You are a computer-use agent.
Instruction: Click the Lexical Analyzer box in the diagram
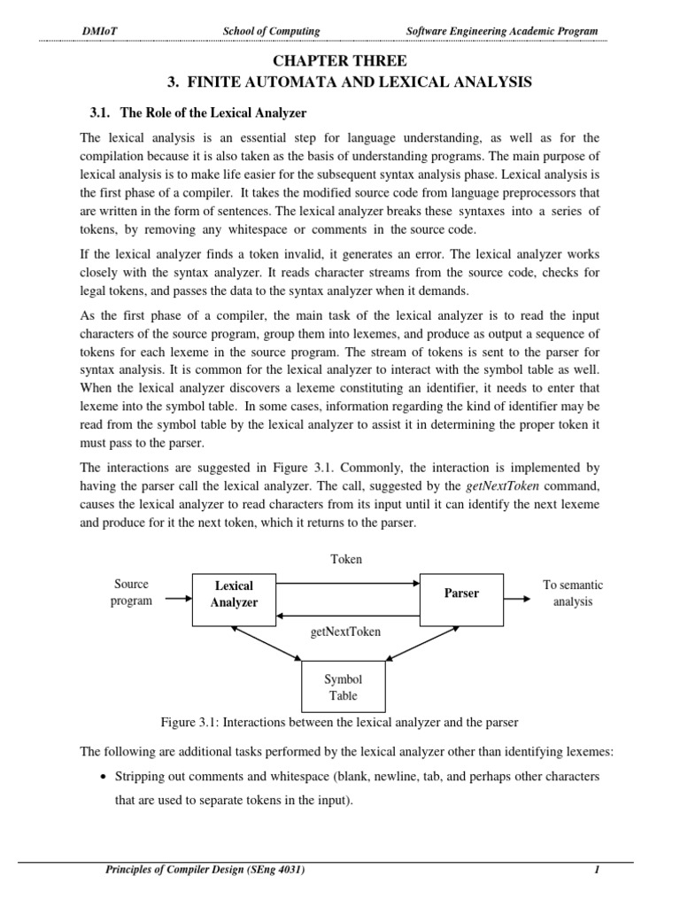click(x=234, y=594)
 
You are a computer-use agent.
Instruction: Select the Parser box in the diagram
click(x=460, y=593)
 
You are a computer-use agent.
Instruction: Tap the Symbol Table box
click(x=344, y=687)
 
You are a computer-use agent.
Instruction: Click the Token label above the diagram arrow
click(x=345, y=560)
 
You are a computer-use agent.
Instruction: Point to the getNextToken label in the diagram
click(x=345, y=632)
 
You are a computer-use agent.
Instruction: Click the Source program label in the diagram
click(x=131, y=593)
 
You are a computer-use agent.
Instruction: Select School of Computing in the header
click(x=271, y=32)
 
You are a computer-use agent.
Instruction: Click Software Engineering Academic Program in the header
click(x=501, y=32)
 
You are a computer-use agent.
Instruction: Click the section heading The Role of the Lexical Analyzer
click(x=194, y=112)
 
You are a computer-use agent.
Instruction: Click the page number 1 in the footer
click(x=598, y=871)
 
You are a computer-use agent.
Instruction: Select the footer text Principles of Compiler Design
click(x=205, y=871)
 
